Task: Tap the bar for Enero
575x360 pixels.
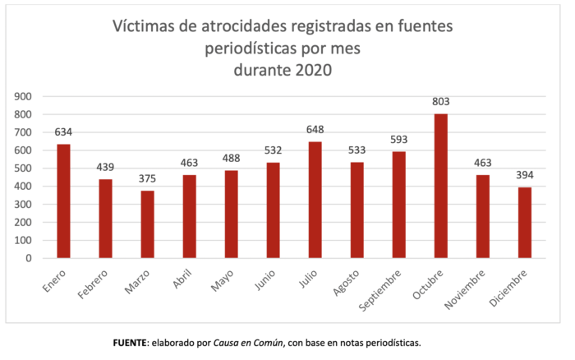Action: point(63,201)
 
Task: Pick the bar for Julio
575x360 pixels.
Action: point(315,200)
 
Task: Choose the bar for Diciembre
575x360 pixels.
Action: point(524,223)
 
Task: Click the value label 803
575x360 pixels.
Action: point(440,102)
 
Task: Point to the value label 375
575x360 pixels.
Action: point(148,179)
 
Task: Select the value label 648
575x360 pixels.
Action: point(315,130)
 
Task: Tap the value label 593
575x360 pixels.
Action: point(398,140)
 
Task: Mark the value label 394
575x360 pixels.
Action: point(524,176)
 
